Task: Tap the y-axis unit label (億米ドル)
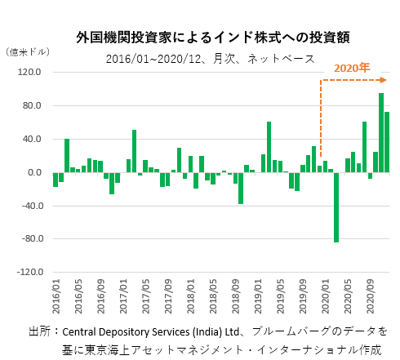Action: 27,51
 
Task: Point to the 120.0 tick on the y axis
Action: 29,72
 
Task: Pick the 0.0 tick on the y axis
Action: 33,172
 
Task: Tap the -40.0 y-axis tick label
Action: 29,206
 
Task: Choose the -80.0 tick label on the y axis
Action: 29,239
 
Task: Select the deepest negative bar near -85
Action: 336,207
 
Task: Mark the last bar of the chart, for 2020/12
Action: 387,142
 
